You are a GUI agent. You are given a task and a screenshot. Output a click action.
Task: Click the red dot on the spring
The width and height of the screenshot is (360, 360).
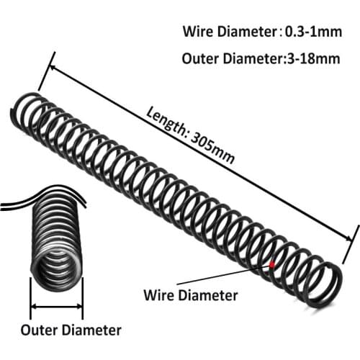pos(271,264)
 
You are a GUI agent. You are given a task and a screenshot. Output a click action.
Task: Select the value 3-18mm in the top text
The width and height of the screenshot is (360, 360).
pos(311,59)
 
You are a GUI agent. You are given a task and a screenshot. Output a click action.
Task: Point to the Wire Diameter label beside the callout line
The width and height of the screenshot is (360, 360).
pos(191,294)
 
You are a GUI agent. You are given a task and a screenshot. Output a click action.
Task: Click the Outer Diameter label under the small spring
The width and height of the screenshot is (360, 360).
pos(71,331)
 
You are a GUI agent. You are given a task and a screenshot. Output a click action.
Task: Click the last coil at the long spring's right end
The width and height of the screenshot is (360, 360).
pos(327,285)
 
